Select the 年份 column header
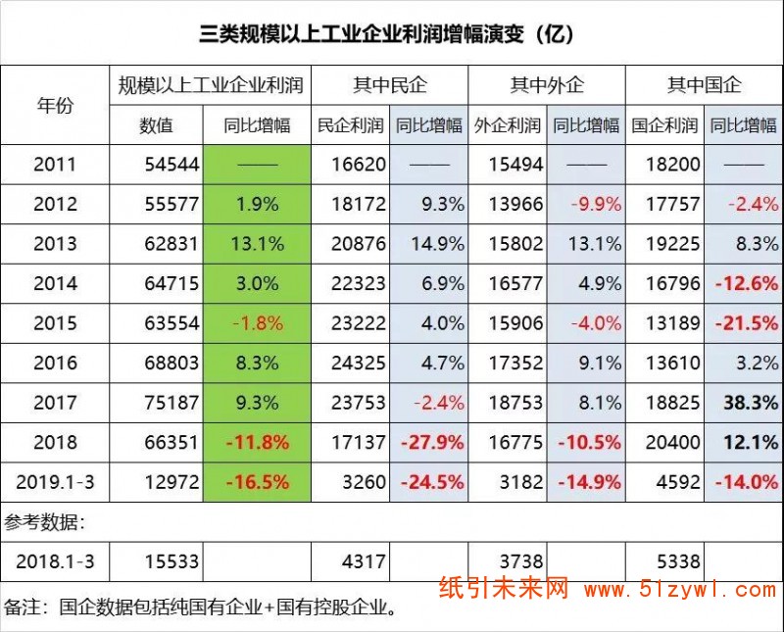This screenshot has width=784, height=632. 55,105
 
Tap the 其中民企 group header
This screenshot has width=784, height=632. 390,85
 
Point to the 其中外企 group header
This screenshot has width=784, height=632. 547,85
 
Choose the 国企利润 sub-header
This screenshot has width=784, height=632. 664,124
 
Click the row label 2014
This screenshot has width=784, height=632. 55,284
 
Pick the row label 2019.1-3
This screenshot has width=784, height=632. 55,481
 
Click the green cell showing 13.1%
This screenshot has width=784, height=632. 258,244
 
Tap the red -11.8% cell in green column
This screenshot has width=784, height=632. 258,442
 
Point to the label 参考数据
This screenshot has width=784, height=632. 45,520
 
